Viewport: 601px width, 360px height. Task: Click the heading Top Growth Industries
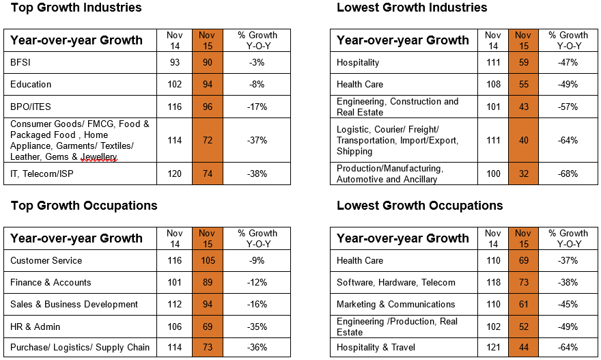point(76,8)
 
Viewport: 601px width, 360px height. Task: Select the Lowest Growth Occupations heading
point(420,206)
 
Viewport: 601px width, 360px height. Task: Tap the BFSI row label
point(20,62)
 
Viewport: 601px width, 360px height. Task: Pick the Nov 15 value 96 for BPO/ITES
point(208,107)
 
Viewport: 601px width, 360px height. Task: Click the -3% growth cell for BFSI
point(257,62)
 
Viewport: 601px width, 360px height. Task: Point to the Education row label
point(31,84)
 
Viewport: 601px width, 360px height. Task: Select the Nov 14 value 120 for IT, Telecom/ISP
point(174,174)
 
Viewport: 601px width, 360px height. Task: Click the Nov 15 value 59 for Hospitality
point(524,62)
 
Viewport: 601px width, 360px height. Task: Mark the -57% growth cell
point(568,107)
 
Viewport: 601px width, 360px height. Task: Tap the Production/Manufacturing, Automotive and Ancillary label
point(390,174)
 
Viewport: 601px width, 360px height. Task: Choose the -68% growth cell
point(568,174)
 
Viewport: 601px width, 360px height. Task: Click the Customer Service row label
point(46,261)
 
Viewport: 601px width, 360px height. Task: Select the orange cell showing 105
point(208,261)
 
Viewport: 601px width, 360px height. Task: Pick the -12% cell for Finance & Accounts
point(257,283)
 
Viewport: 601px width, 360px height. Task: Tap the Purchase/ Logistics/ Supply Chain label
point(80,347)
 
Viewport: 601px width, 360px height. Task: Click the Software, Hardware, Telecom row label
point(396,283)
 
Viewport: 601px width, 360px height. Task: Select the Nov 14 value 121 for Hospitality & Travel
point(493,347)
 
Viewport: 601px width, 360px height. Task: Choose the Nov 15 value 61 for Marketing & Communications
point(524,305)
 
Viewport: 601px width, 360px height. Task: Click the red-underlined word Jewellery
point(99,157)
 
